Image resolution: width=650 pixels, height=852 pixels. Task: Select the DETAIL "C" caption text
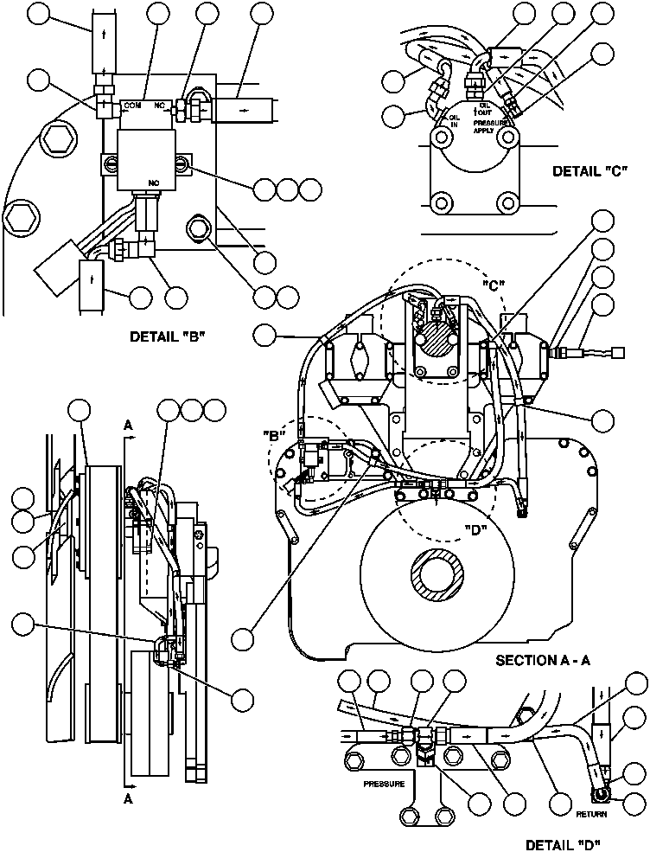[x=588, y=171]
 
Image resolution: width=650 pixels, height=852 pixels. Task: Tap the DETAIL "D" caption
[x=564, y=844]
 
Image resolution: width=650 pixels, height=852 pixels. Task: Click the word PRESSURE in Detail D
[x=385, y=785]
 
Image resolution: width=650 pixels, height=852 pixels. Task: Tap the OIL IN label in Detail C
[x=453, y=120]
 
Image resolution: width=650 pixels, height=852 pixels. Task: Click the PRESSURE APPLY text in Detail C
[x=489, y=127]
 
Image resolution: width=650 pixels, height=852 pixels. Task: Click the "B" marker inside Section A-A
[x=277, y=435]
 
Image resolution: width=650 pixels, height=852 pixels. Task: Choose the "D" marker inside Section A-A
[x=475, y=529]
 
